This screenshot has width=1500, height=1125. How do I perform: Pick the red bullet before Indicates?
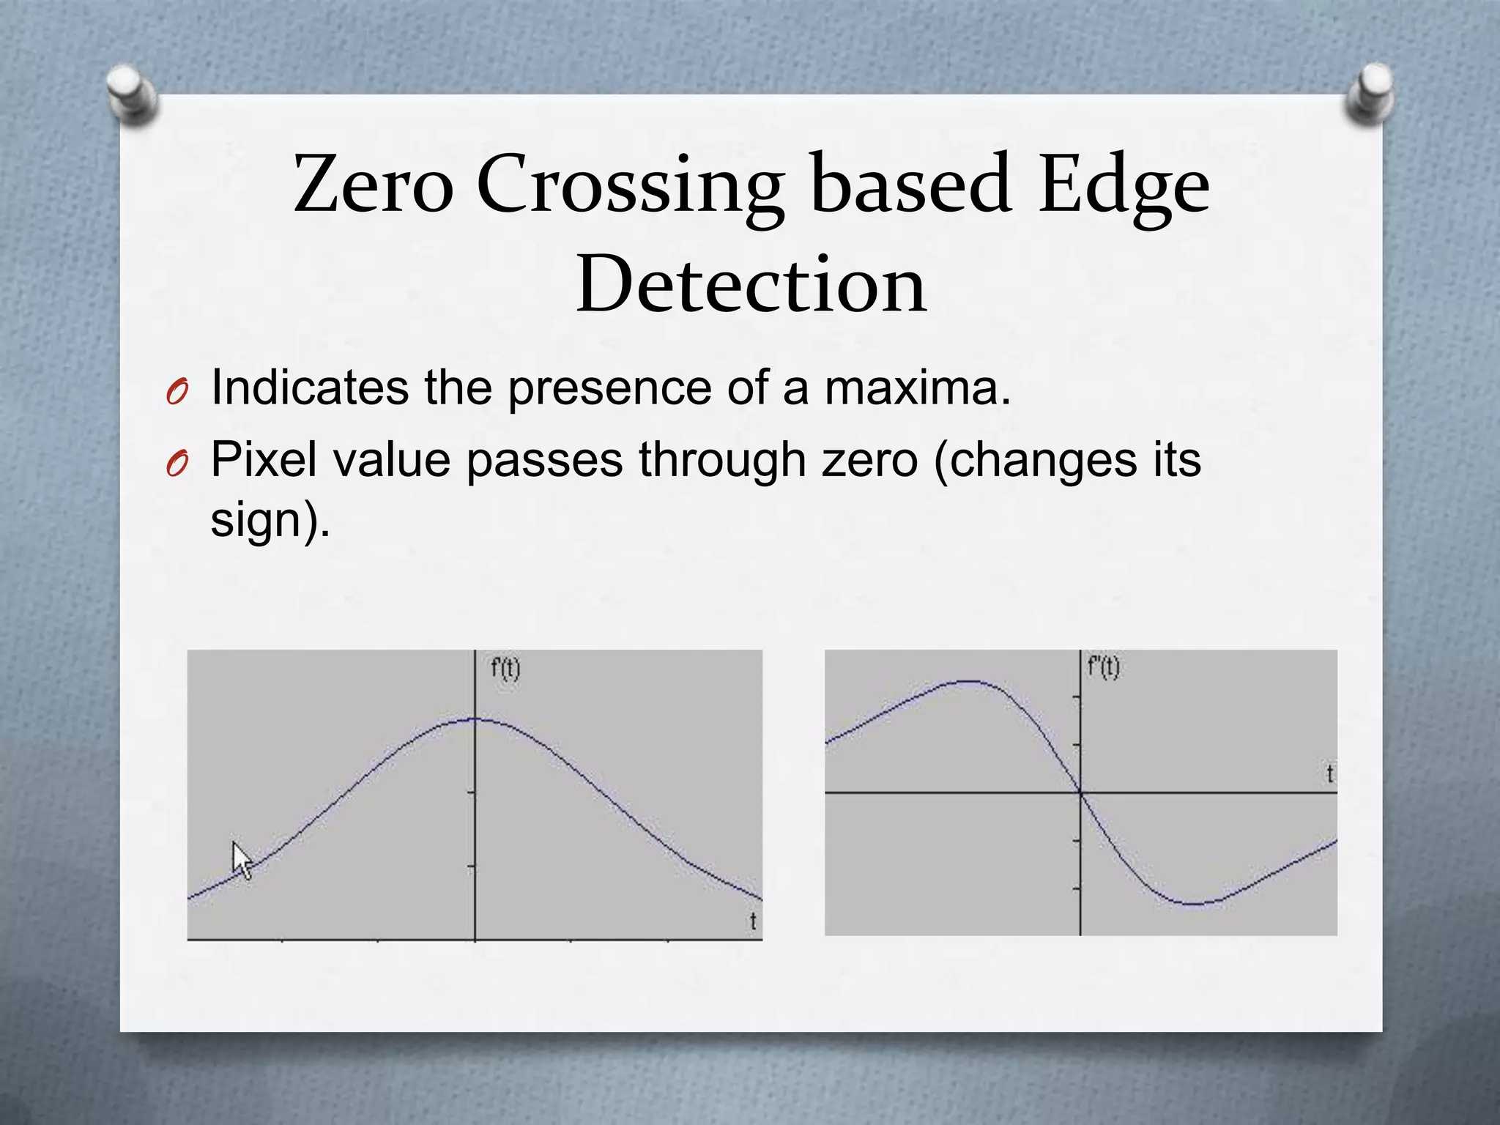point(177,394)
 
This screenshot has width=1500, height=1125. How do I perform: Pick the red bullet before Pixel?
point(177,464)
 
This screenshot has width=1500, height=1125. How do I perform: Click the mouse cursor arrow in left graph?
point(241,859)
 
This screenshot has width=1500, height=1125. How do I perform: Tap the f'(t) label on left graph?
point(505,668)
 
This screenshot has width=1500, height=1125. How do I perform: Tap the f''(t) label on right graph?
point(1104,667)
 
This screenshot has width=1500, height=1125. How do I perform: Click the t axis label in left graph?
point(753,921)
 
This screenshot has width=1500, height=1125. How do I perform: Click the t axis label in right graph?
point(1329,773)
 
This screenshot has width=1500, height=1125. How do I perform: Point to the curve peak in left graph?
point(475,719)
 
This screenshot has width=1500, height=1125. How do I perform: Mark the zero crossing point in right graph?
point(1081,792)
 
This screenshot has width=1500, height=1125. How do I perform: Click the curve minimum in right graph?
point(1192,903)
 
